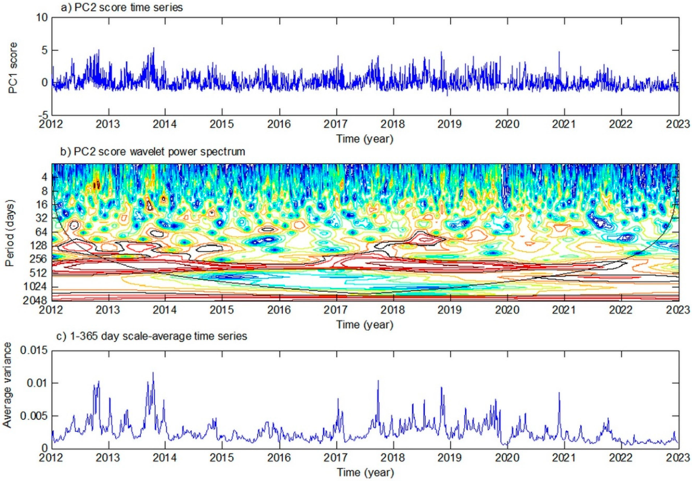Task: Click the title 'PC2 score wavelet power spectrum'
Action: pyautogui.click(x=153, y=152)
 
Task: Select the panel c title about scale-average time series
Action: pyautogui.click(x=152, y=336)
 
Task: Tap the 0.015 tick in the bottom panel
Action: pyautogui.click(x=34, y=350)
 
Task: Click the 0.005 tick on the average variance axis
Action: pyautogui.click(x=34, y=416)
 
